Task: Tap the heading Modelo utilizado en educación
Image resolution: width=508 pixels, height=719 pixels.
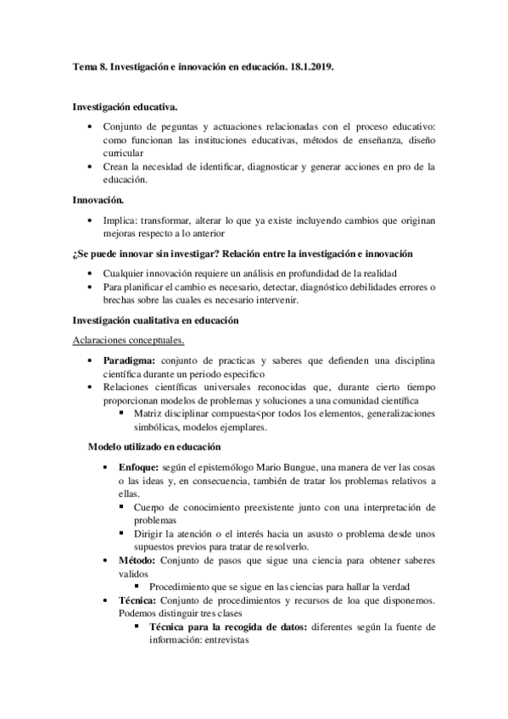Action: pyautogui.click(x=155, y=447)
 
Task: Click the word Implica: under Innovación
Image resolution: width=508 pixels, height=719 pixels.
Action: pyautogui.click(x=126, y=220)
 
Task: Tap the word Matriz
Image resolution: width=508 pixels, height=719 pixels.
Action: pyautogui.click(x=149, y=414)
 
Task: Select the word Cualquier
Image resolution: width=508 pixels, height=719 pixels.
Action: pyautogui.click(x=127, y=273)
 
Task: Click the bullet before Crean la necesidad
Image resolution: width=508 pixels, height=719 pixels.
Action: pyautogui.click(x=91, y=167)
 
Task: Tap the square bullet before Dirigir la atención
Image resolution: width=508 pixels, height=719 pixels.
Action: pyautogui.click(x=124, y=533)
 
